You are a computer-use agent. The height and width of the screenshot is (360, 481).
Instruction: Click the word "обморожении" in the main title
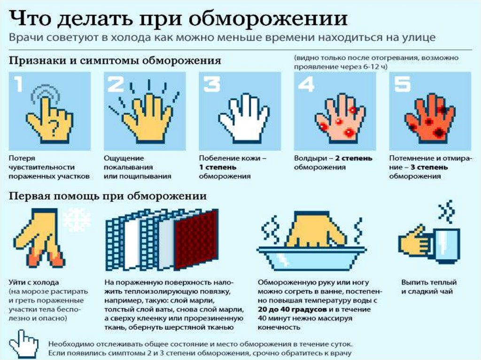click(x=268, y=18)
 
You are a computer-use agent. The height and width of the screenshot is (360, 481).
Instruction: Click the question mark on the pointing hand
click(x=54, y=126)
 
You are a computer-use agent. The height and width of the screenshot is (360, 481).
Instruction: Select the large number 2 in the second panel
click(x=115, y=84)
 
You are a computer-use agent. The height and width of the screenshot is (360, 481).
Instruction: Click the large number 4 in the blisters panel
click(x=306, y=84)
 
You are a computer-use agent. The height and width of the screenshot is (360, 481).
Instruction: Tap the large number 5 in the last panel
click(x=402, y=84)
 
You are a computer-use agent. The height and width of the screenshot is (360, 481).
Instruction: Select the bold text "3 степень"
click(x=429, y=168)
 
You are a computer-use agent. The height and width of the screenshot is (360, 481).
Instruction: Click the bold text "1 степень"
click(x=217, y=168)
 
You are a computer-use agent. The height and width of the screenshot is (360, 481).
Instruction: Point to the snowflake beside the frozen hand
click(x=77, y=220)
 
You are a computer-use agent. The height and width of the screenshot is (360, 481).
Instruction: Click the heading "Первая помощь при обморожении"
click(x=108, y=196)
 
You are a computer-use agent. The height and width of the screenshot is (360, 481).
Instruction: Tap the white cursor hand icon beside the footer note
click(x=23, y=344)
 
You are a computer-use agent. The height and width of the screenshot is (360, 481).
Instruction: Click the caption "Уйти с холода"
click(x=34, y=282)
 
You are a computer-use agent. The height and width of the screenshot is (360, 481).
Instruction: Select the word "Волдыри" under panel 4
click(x=309, y=159)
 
